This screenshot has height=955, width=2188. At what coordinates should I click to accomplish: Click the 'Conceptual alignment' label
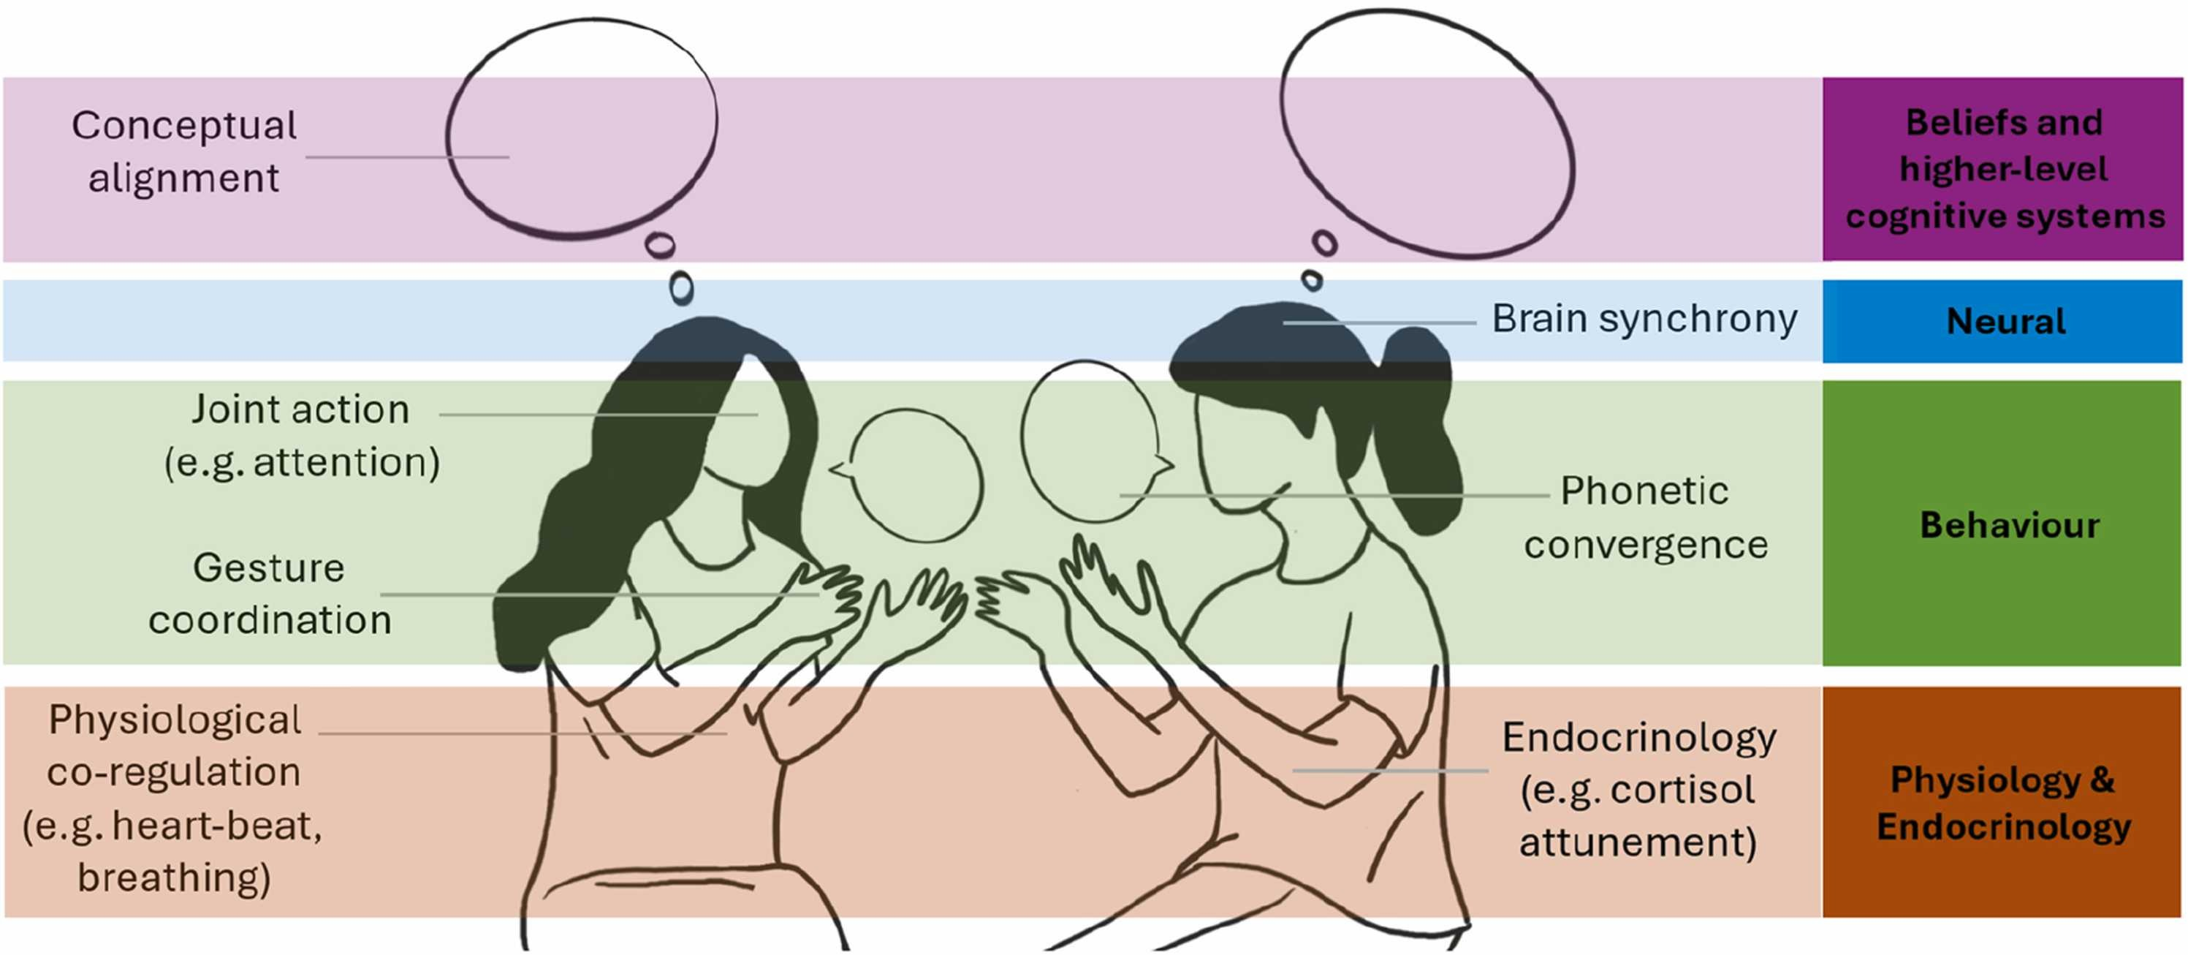pos(184,151)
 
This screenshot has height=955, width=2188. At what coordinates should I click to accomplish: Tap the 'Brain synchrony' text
pos(1644,320)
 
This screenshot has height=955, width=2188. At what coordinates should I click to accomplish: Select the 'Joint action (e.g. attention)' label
pos(302,435)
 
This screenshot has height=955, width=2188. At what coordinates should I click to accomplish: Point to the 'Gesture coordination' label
pos(269,594)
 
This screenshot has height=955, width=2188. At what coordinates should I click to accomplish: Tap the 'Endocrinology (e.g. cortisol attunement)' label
pos(1638,789)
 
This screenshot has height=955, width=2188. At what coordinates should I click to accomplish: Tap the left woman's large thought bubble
pos(582,127)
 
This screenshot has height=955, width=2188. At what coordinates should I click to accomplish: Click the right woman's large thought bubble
pos(1427,132)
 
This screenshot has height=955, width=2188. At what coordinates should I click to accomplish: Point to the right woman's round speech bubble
pos(1090,440)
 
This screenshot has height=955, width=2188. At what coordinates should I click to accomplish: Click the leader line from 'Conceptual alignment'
pos(407,157)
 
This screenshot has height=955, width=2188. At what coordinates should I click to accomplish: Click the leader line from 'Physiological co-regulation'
pos(523,733)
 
